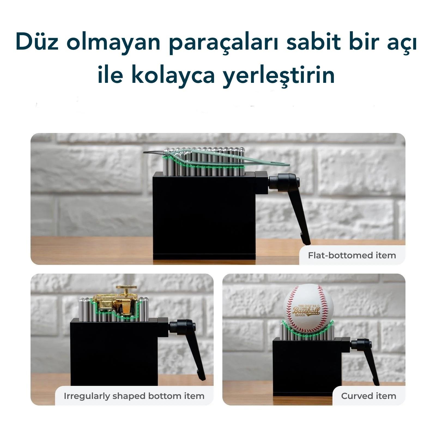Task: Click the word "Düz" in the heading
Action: [37, 42]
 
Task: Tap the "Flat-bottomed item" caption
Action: [352, 255]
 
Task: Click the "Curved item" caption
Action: [368, 396]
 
